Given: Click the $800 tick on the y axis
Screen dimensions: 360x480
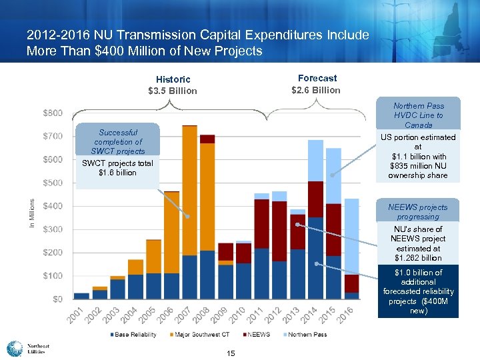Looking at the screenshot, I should (x=53, y=113).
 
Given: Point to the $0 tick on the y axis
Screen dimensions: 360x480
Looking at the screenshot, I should (x=58, y=299).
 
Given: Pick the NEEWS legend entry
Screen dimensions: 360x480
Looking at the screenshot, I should (x=257, y=334).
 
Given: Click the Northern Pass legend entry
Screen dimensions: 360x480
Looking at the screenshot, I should (x=306, y=334).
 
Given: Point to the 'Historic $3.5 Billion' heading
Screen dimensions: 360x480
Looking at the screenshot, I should (x=173, y=85).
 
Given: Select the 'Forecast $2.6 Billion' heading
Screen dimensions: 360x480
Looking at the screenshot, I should (x=317, y=84).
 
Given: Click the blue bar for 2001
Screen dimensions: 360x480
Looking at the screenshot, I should (x=81, y=295).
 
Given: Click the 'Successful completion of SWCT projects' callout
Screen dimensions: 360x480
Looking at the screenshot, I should (x=117, y=142).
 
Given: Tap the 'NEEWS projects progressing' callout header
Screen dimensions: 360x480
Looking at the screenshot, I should (x=418, y=211).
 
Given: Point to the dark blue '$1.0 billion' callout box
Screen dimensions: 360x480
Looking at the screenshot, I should (x=418, y=291).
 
